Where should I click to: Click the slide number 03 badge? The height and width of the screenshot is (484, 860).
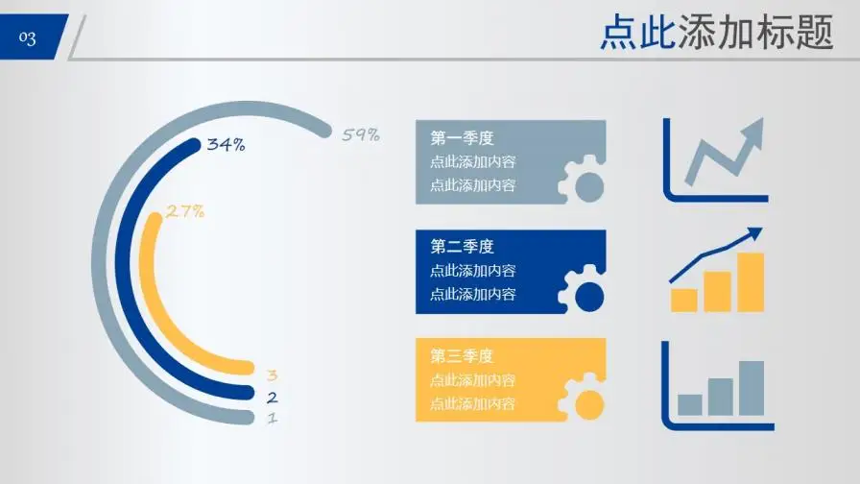pyautogui.click(x=29, y=37)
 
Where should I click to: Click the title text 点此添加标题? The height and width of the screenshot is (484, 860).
pyautogui.click(x=716, y=34)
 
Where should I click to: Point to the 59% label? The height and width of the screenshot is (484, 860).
pyautogui.click(x=361, y=134)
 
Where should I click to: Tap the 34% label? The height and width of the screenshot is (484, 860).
pyautogui.click(x=227, y=145)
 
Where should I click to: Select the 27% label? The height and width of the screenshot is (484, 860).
pyautogui.click(x=185, y=211)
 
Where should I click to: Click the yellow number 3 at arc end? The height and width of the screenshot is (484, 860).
pyautogui.click(x=273, y=375)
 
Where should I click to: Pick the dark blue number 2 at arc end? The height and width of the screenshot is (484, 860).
pyautogui.click(x=273, y=398)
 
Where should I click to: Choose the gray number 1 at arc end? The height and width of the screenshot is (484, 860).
pyautogui.click(x=273, y=419)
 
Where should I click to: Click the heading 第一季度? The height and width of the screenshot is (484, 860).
pyautogui.click(x=462, y=138)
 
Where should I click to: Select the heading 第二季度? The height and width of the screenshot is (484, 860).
pyautogui.click(x=462, y=247)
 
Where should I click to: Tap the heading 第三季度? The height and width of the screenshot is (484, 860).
pyautogui.click(x=462, y=356)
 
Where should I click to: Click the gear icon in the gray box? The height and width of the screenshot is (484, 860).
pyautogui.click(x=584, y=181)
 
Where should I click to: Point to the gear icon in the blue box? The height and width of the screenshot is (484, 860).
pyautogui.click(x=584, y=291)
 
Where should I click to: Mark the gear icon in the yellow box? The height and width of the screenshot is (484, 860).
pyautogui.click(x=584, y=399)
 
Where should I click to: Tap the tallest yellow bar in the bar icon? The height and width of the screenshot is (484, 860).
pyautogui.click(x=751, y=282)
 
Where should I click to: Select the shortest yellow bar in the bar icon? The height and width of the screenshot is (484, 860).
pyautogui.click(x=683, y=300)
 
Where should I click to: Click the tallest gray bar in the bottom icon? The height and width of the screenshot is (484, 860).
pyautogui.click(x=752, y=388)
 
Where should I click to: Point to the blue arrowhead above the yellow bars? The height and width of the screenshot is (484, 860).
pyautogui.click(x=754, y=233)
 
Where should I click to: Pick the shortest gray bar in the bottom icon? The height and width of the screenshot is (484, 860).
pyautogui.click(x=689, y=404)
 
